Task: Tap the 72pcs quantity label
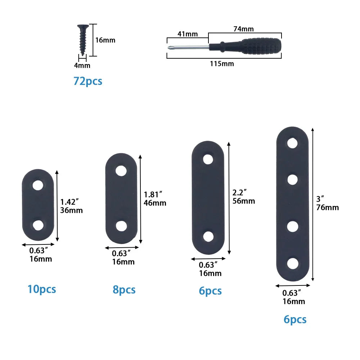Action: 88,81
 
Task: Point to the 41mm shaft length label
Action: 187,34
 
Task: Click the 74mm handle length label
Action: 243,29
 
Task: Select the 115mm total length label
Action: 222,64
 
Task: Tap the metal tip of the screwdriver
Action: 169,48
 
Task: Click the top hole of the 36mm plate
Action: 38,185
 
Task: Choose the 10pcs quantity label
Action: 42,289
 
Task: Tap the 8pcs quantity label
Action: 124,290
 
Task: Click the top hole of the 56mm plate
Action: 208,159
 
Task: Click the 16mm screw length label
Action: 105,40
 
